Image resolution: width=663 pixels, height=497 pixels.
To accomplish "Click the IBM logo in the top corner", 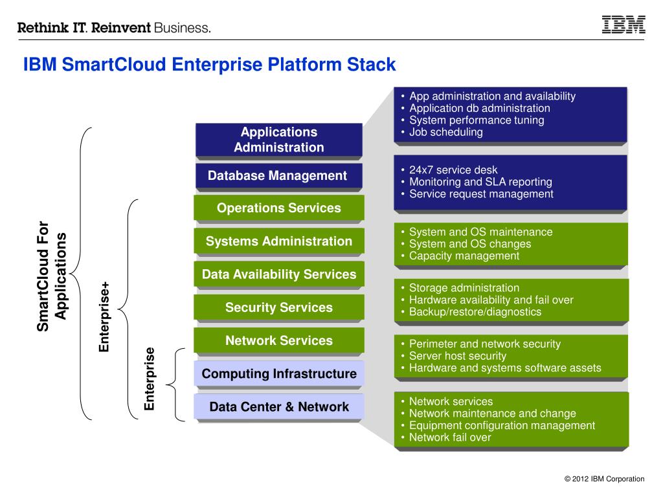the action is (x=624, y=24).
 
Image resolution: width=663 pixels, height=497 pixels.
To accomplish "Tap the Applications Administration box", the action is (x=278, y=140).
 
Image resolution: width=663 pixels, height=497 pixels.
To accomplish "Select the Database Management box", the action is (x=278, y=175).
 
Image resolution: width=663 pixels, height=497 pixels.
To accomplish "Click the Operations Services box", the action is (x=278, y=208).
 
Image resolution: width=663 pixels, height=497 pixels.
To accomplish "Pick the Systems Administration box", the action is (x=278, y=241).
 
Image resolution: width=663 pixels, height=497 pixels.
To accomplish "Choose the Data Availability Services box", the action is (x=278, y=274).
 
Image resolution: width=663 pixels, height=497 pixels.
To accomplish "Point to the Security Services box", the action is (x=278, y=307).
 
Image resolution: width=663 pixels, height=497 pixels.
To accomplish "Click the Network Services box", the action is (x=278, y=340).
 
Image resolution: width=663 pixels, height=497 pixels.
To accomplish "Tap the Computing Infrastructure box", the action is (x=278, y=373).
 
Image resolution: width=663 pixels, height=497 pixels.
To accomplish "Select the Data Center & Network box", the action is (x=278, y=406).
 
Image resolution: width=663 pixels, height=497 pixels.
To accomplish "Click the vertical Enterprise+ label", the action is (x=104, y=317).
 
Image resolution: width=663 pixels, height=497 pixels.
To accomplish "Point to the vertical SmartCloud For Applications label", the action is (x=52, y=276).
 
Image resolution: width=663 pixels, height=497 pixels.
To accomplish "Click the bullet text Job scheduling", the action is (x=445, y=132).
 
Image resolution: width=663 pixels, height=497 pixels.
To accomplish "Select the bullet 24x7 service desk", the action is (x=453, y=170).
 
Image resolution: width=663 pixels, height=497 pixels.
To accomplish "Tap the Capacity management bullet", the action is (x=464, y=256).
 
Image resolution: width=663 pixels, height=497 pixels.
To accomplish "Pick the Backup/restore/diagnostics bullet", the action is (x=475, y=312).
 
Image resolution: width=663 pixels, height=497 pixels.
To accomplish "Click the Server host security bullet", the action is (x=458, y=356).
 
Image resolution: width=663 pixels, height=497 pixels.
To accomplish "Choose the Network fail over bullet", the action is (x=450, y=437).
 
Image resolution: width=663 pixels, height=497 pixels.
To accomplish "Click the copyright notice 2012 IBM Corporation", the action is (x=604, y=479).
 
